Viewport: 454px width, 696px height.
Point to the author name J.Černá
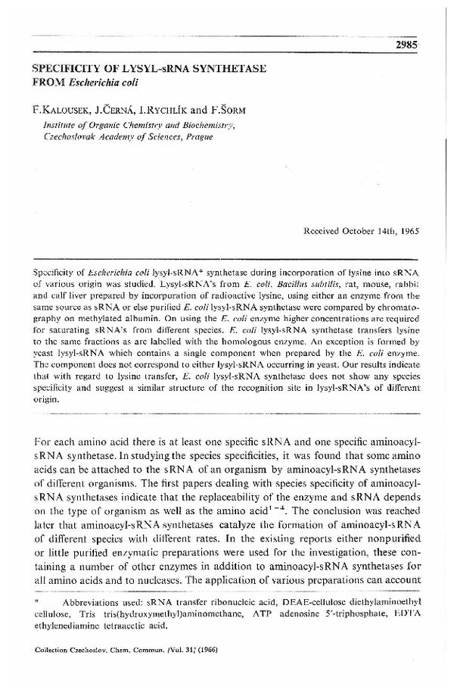click(116, 111)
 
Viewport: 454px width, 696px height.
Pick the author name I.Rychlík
click(173, 111)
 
